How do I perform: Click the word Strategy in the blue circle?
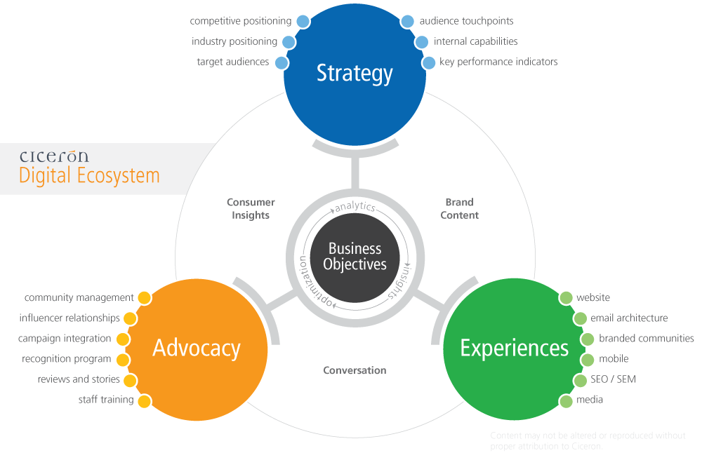(355, 73)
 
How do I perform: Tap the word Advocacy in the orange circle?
(197, 348)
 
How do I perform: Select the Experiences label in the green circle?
(514, 348)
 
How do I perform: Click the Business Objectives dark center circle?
(355, 257)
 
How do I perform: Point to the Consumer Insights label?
(251, 209)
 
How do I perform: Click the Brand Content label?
(459, 209)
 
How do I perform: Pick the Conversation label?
(355, 370)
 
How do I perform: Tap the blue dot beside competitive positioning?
(303, 21)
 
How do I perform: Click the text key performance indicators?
(498, 62)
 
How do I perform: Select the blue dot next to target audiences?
(282, 62)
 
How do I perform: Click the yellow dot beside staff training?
(145, 401)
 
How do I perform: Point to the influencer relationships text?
(69, 318)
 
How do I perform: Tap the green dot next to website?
(566, 298)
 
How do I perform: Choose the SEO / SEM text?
(614, 379)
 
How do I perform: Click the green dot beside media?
(566, 401)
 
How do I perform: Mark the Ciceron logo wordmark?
(54, 156)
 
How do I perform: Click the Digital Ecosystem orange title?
(89, 175)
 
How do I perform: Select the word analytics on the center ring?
(355, 207)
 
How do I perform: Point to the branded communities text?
(646, 339)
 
